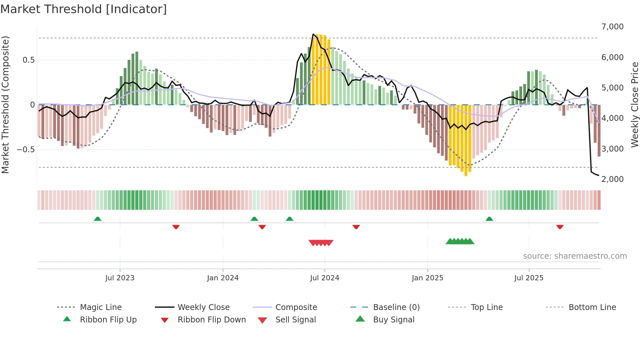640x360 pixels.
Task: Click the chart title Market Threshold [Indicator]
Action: click(x=84, y=9)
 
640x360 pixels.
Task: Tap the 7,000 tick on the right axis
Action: click(x=612, y=27)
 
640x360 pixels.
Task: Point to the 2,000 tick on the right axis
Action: click(x=612, y=179)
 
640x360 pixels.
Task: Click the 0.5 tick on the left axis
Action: click(x=28, y=60)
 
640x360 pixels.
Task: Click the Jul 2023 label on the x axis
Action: click(x=120, y=278)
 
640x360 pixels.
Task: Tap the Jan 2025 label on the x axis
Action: click(x=427, y=278)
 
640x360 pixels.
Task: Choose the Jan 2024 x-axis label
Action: click(x=223, y=278)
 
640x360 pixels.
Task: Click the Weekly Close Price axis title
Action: click(x=634, y=105)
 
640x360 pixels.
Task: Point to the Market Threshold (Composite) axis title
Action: click(x=5, y=105)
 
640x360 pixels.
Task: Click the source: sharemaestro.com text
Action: click(x=575, y=256)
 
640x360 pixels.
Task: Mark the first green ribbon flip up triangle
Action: click(x=98, y=219)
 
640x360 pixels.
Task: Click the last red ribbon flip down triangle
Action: click(x=560, y=227)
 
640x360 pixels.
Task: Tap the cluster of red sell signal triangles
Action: click(x=321, y=243)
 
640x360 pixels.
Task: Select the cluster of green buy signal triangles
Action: click(x=460, y=241)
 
